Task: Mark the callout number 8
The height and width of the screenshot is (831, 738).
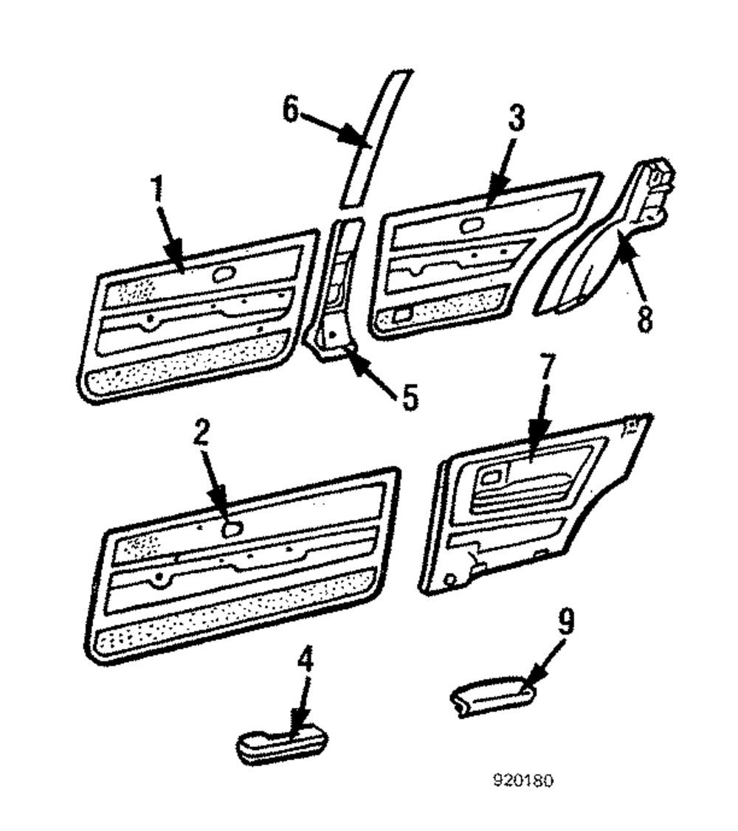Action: (646, 319)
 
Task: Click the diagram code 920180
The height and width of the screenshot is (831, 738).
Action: (524, 780)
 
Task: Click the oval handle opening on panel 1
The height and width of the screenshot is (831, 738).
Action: (221, 274)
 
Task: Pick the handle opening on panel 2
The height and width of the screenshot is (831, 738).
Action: (232, 528)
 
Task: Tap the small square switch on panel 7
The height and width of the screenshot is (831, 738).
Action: (489, 476)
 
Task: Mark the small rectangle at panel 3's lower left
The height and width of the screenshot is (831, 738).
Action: (404, 316)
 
